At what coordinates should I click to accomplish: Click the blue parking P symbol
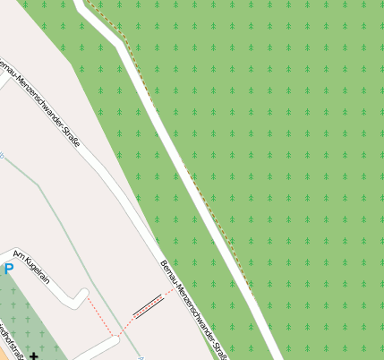point(9,268)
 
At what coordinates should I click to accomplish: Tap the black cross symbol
point(34,356)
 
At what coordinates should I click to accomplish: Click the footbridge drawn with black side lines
point(148,305)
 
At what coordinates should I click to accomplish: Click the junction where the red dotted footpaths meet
point(117,335)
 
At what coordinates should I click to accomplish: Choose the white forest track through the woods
point(179,161)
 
